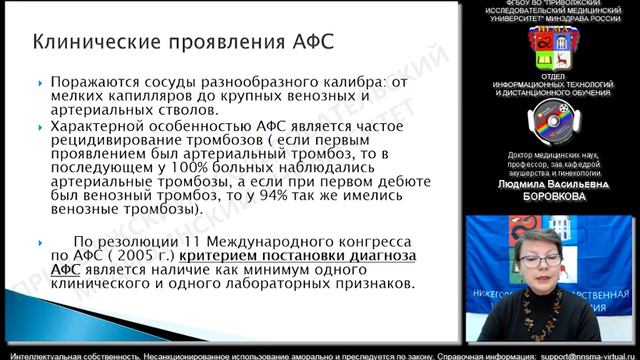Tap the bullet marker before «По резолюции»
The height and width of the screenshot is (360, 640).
coord(39,242)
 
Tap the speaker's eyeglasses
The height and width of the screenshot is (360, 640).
coord(540,259)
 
